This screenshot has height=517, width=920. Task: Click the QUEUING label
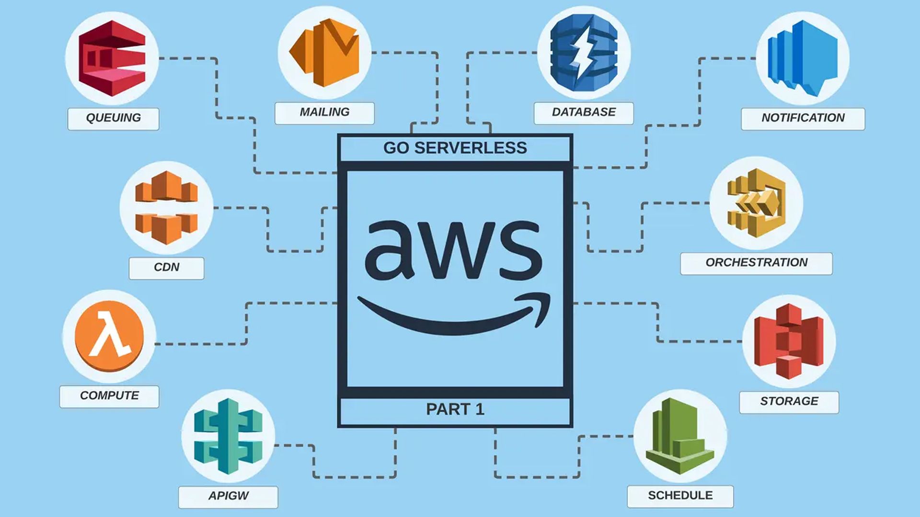113,118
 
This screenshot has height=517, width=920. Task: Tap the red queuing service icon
112,58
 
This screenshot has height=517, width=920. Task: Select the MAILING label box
324,112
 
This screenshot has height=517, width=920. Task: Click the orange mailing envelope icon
324,53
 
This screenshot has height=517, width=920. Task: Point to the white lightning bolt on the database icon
583,54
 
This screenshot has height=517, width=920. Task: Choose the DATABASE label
584,112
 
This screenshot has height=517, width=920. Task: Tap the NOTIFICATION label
803,118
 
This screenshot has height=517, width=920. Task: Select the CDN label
166,268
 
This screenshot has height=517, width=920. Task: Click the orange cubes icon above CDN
166,207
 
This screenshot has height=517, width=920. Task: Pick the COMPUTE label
109,396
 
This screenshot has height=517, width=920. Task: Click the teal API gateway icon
228,436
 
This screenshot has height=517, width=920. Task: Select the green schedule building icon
680,436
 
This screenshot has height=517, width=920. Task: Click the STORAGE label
789,402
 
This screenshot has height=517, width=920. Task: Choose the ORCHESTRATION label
756,263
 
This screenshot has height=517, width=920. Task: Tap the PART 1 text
455,410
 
